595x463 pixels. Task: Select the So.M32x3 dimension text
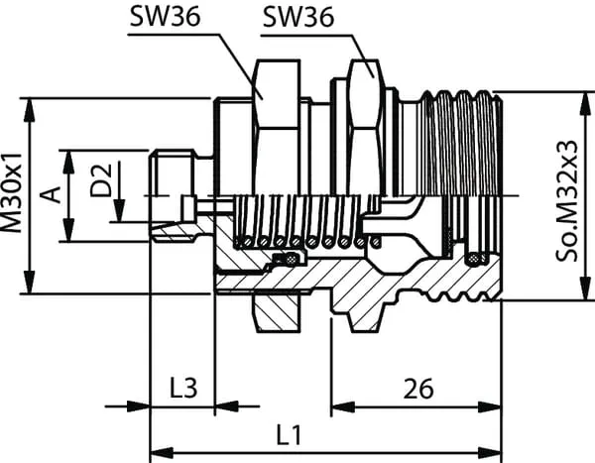point(568,198)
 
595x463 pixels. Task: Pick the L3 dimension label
point(180,386)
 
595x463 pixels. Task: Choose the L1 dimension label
point(289,433)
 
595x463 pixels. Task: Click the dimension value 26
point(417,388)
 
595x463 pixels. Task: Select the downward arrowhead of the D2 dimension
point(118,215)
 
